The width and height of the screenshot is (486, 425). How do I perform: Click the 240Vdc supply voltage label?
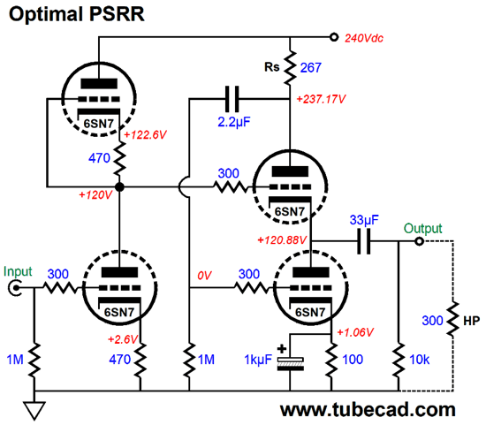(x=364, y=38)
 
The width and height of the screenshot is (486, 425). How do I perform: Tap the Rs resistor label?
(x=272, y=67)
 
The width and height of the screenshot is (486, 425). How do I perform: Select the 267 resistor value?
(x=310, y=67)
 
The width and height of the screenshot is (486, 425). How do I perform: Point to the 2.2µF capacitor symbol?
(x=232, y=99)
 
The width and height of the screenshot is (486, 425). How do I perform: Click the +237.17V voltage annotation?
(x=321, y=99)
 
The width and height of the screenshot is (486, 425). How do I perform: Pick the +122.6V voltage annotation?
(x=145, y=135)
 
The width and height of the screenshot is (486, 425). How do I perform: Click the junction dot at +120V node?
(x=119, y=187)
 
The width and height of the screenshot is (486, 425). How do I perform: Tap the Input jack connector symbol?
(x=14, y=288)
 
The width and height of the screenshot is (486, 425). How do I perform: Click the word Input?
(x=18, y=272)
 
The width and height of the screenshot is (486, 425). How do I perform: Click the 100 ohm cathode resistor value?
(x=353, y=360)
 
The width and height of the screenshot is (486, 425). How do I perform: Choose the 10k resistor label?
(x=420, y=360)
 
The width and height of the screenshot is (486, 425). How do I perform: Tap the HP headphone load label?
(x=472, y=321)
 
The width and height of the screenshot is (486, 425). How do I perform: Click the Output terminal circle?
(x=419, y=241)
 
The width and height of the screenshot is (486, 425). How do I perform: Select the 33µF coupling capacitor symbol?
(x=363, y=241)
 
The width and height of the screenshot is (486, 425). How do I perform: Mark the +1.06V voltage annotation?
(x=355, y=332)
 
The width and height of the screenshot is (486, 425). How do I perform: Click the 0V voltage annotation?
(x=204, y=276)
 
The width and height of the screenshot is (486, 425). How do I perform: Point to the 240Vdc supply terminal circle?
(x=333, y=37)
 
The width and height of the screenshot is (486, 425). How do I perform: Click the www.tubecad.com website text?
(x=368, y=409)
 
